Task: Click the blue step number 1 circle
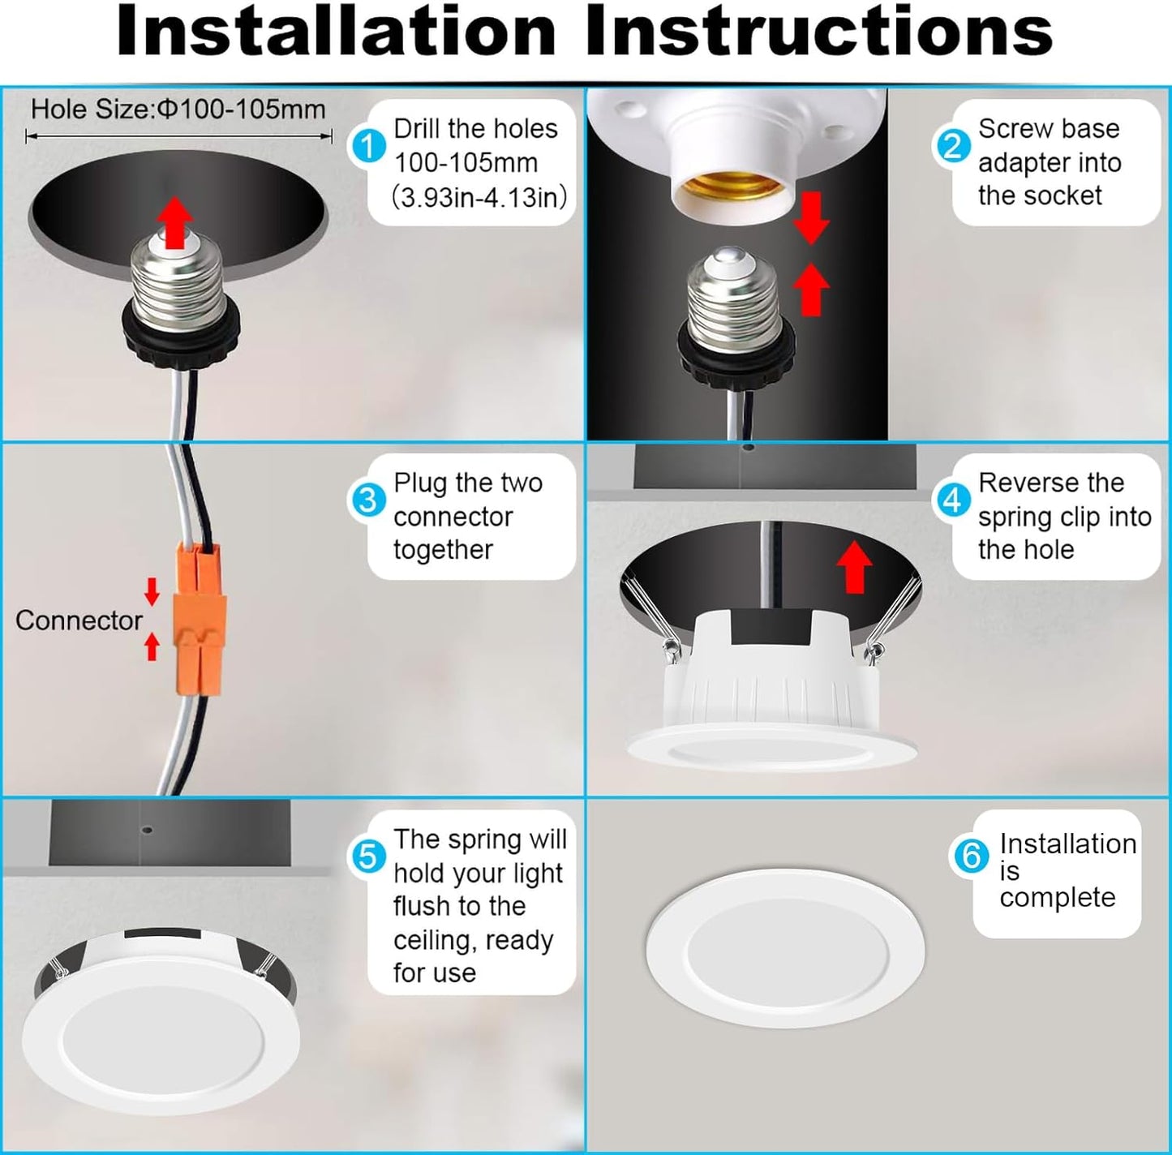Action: coord(367,147)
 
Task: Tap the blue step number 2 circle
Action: coord(952,147)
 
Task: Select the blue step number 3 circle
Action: coord(367,500)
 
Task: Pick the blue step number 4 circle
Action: coord(952,500)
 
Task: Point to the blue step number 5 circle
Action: coord(367,855)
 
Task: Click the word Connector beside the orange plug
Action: coord(79,620)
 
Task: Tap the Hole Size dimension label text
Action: coord(178,109)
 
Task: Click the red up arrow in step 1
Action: coord(175,222)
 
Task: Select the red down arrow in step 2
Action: coord(812,218)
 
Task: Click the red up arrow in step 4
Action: coord(855,567)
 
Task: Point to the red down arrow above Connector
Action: coord(152,591)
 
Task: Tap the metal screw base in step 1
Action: coord(177,281)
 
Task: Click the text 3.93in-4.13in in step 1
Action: coord(479,197)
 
